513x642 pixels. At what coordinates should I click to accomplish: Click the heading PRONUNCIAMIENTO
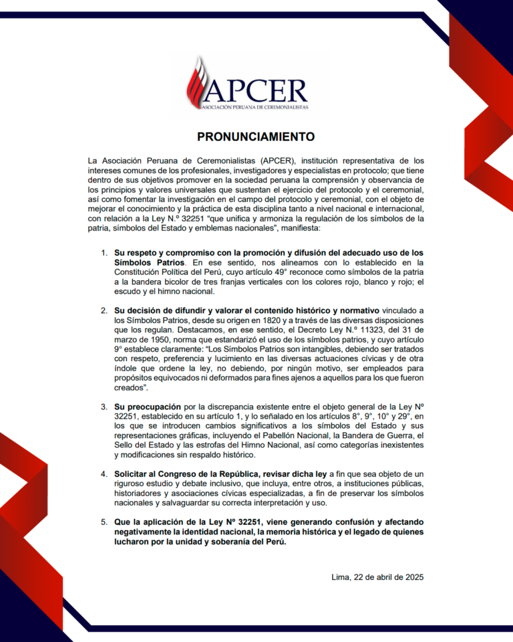click(x=256, y=136)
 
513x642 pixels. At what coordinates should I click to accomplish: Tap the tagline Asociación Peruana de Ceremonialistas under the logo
click(x=263, y=107)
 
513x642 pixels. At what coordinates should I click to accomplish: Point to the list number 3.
click(x=104, y=406)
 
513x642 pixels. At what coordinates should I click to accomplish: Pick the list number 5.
click(x=104, y=521)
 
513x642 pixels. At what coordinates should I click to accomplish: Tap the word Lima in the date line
click(x=341, y=576)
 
